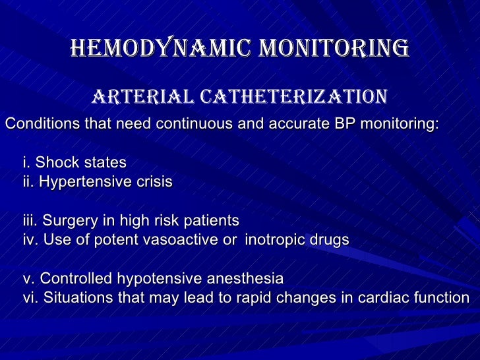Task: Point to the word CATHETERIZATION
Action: [290, 98]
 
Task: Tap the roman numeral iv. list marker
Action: [31, 239]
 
